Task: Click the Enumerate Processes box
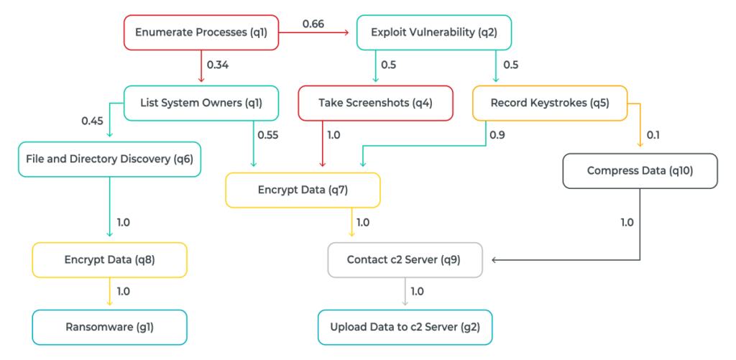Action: pyautogui.click(x=201, y=32)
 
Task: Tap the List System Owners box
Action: pyautogui.click(x=201, y=103)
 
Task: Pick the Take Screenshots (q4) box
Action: pyautogui.click(x=375, y=103)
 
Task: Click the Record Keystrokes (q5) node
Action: pyautogui.click(x=550, y=103)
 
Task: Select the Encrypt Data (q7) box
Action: pyautogui.click(x=303, y=190)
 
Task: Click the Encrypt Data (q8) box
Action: pyautogui.click(x=109, y=260)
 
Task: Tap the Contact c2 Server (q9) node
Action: pyautogui.click(x=405, y=259)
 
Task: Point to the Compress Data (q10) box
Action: pyautogui.click(x=640, y=171)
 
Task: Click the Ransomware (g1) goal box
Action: pyautogui.click(x=109, y=327)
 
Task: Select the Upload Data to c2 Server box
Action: pyautogui.click(x=405, y=327)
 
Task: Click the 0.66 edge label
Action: pyautogui.click(x=313, y=24)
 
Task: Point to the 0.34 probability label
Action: pyautogui.click(x=218, y=65)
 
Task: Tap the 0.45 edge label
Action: pyautogui.click(x=93, y=120)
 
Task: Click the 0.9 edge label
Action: pyautogui.click(x=497, y=134)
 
